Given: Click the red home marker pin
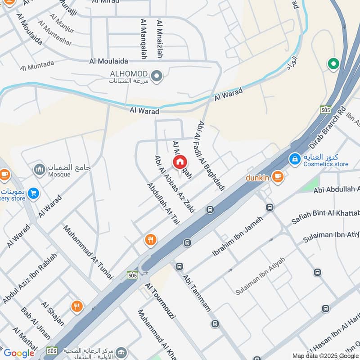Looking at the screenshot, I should (180, 162).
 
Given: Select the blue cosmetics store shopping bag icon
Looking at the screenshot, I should (295, 159).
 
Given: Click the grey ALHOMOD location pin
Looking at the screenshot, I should (157, 76).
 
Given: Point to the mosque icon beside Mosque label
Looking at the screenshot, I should (39, 169).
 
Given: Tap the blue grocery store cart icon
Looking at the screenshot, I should (33, 193).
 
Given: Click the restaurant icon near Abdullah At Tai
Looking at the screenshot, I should (151, 240).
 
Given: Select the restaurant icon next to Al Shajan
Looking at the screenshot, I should (77, 307).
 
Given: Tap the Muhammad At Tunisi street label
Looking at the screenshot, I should (88, 252).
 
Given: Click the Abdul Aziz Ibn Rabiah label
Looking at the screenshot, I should (30, 278).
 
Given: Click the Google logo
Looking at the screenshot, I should (19, 353).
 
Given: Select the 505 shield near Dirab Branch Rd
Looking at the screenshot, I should (325, 109).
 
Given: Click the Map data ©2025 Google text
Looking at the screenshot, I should (325, 355).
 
